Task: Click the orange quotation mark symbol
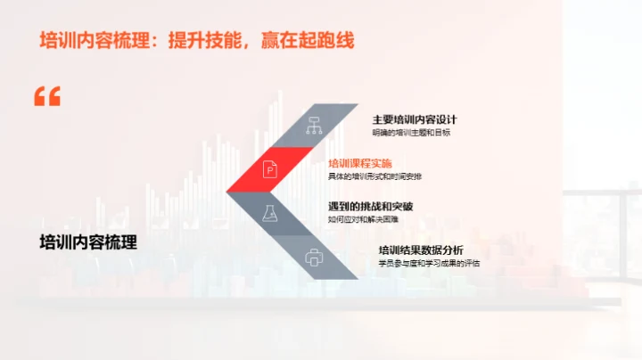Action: coord(47,97)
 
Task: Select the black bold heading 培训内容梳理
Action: coord(88,241)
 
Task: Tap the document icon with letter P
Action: coord(271,168)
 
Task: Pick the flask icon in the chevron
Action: coord(271,213)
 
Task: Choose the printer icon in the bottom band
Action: coord(314,258)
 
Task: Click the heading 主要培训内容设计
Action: coord(415,119)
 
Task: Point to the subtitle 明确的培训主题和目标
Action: coord(411,133)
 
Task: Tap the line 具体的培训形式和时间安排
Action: coord(374,176)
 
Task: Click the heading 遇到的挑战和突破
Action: coord(371,207)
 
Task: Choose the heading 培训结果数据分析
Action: coord(421,250)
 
